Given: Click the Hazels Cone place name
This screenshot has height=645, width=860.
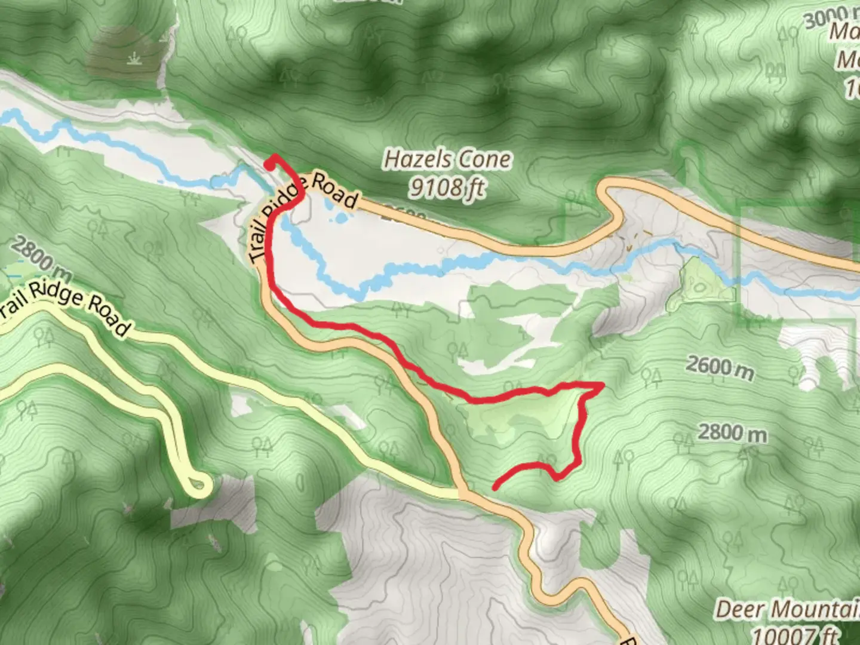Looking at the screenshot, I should (447, 159).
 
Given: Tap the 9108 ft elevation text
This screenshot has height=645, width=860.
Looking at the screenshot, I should (446, 189).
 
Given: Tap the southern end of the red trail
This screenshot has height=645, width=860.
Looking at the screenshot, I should (495, 487).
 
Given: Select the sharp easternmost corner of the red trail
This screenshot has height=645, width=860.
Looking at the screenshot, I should (600, 386).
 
